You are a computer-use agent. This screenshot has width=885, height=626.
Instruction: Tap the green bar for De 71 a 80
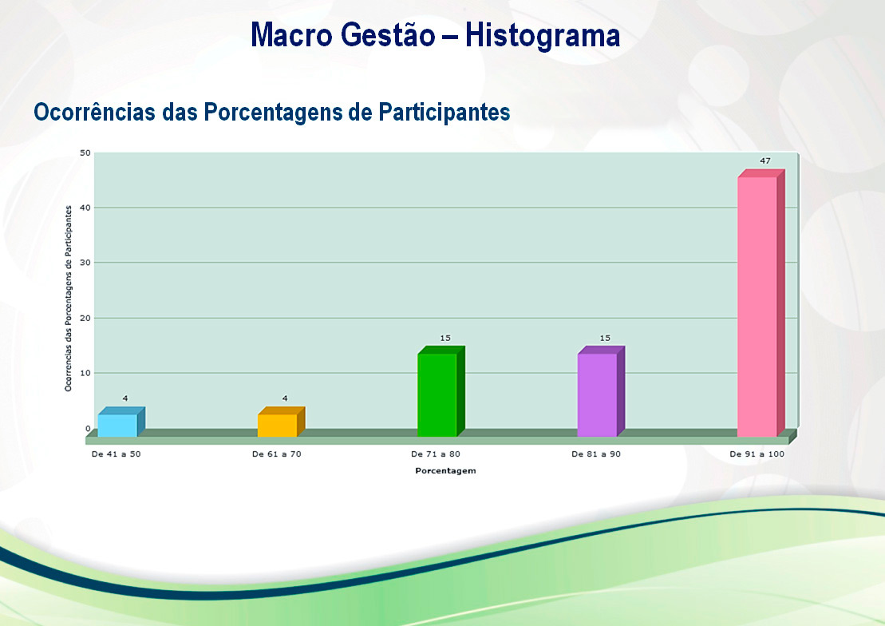point(441,391)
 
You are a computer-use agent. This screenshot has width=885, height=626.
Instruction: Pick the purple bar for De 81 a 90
point(601,391)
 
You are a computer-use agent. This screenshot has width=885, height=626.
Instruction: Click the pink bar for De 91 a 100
point(761,303)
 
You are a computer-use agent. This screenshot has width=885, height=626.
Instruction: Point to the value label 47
point(764,161)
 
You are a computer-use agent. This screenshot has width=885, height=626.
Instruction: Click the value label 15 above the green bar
point(445,338)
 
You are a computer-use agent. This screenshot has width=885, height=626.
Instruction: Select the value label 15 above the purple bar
point(605,338)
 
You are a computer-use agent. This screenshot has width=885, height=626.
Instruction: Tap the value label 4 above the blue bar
point(125,398)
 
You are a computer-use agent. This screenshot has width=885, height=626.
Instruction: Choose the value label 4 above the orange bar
point(285,398)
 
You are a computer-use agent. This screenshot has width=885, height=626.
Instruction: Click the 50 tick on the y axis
point(85,153)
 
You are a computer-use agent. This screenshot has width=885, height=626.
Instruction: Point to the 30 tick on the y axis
point(85,263)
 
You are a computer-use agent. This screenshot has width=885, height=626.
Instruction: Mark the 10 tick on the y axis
point(85,373)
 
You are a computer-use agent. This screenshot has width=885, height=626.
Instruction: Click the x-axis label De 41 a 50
point(117,454)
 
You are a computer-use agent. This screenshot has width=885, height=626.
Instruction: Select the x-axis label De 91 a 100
point(757,454)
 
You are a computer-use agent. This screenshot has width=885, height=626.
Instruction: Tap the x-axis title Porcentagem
point(445,470)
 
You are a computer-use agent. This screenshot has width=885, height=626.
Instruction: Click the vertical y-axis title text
point(69,299)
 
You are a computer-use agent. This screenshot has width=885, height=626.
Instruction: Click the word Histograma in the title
point(543,35)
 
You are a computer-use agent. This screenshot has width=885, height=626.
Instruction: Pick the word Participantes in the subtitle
point(444,112)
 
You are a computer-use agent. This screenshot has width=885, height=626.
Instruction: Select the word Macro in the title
point(292,35)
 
